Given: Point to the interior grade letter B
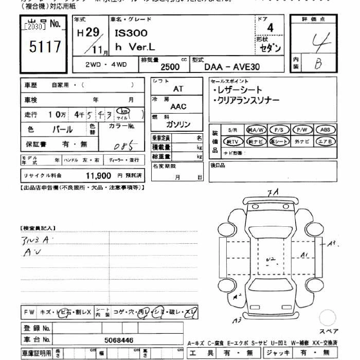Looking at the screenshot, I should pyautogui.click(x=318, y=63).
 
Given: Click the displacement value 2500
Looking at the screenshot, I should pyautogui.click(x=170, y=67).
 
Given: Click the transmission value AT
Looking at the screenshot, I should pyautogui.click(x=177, y=89).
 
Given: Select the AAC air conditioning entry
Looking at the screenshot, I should pyautogui.click(x=178, y=106).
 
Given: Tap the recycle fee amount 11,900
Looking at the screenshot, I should pyautogui.click(x=98, y=175).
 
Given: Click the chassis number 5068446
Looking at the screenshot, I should pyautogui.click(x=118, y=340).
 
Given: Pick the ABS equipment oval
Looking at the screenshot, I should pyautogui.click(x=325, y=130).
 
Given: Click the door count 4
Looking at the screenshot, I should pyautogui.click(x=270, y=28).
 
